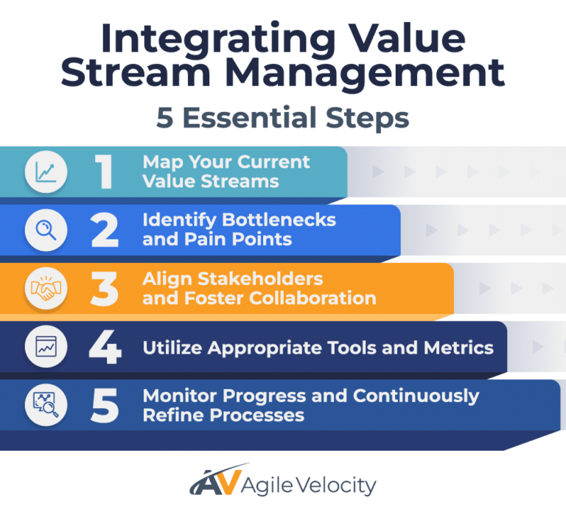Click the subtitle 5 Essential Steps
click(283, 118)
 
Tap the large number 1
click(104, 172)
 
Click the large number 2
click(104, 231)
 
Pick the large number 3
click(104, 289)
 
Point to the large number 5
click(104, 405)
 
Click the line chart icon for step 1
click(46, 172)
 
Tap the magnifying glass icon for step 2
click(46, 231)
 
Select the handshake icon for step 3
click(46, 289)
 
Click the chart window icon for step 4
click(46, 347)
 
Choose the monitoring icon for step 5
click(46, 405)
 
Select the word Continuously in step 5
click(416, 396)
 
